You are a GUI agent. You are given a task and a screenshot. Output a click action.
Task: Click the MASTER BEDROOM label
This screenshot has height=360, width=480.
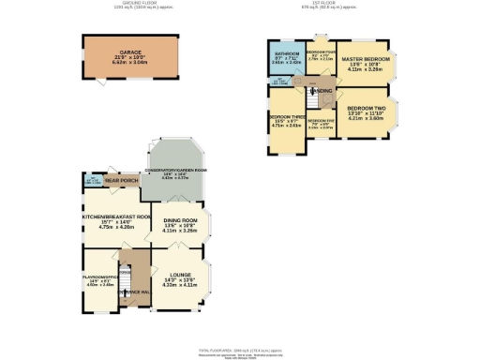[x=367, y=59]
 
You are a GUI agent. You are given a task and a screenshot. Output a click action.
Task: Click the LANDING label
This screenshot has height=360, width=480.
[x=322, y=91]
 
